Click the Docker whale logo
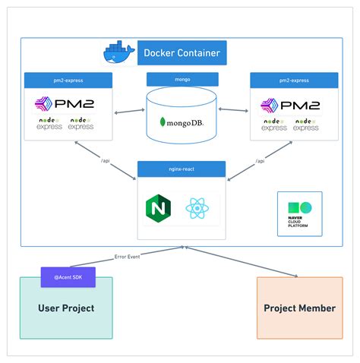coord(118,53)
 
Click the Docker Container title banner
coord(182,53)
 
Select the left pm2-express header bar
coord(68,79)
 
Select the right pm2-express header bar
coord(293,79)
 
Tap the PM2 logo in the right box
coord(290,104)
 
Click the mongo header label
coord(182,79)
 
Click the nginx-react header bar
coord(182,167)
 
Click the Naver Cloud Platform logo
coord(300,213)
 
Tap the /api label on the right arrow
coord(260,161)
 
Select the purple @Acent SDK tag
coord(68,278)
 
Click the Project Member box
coord(299,308)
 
